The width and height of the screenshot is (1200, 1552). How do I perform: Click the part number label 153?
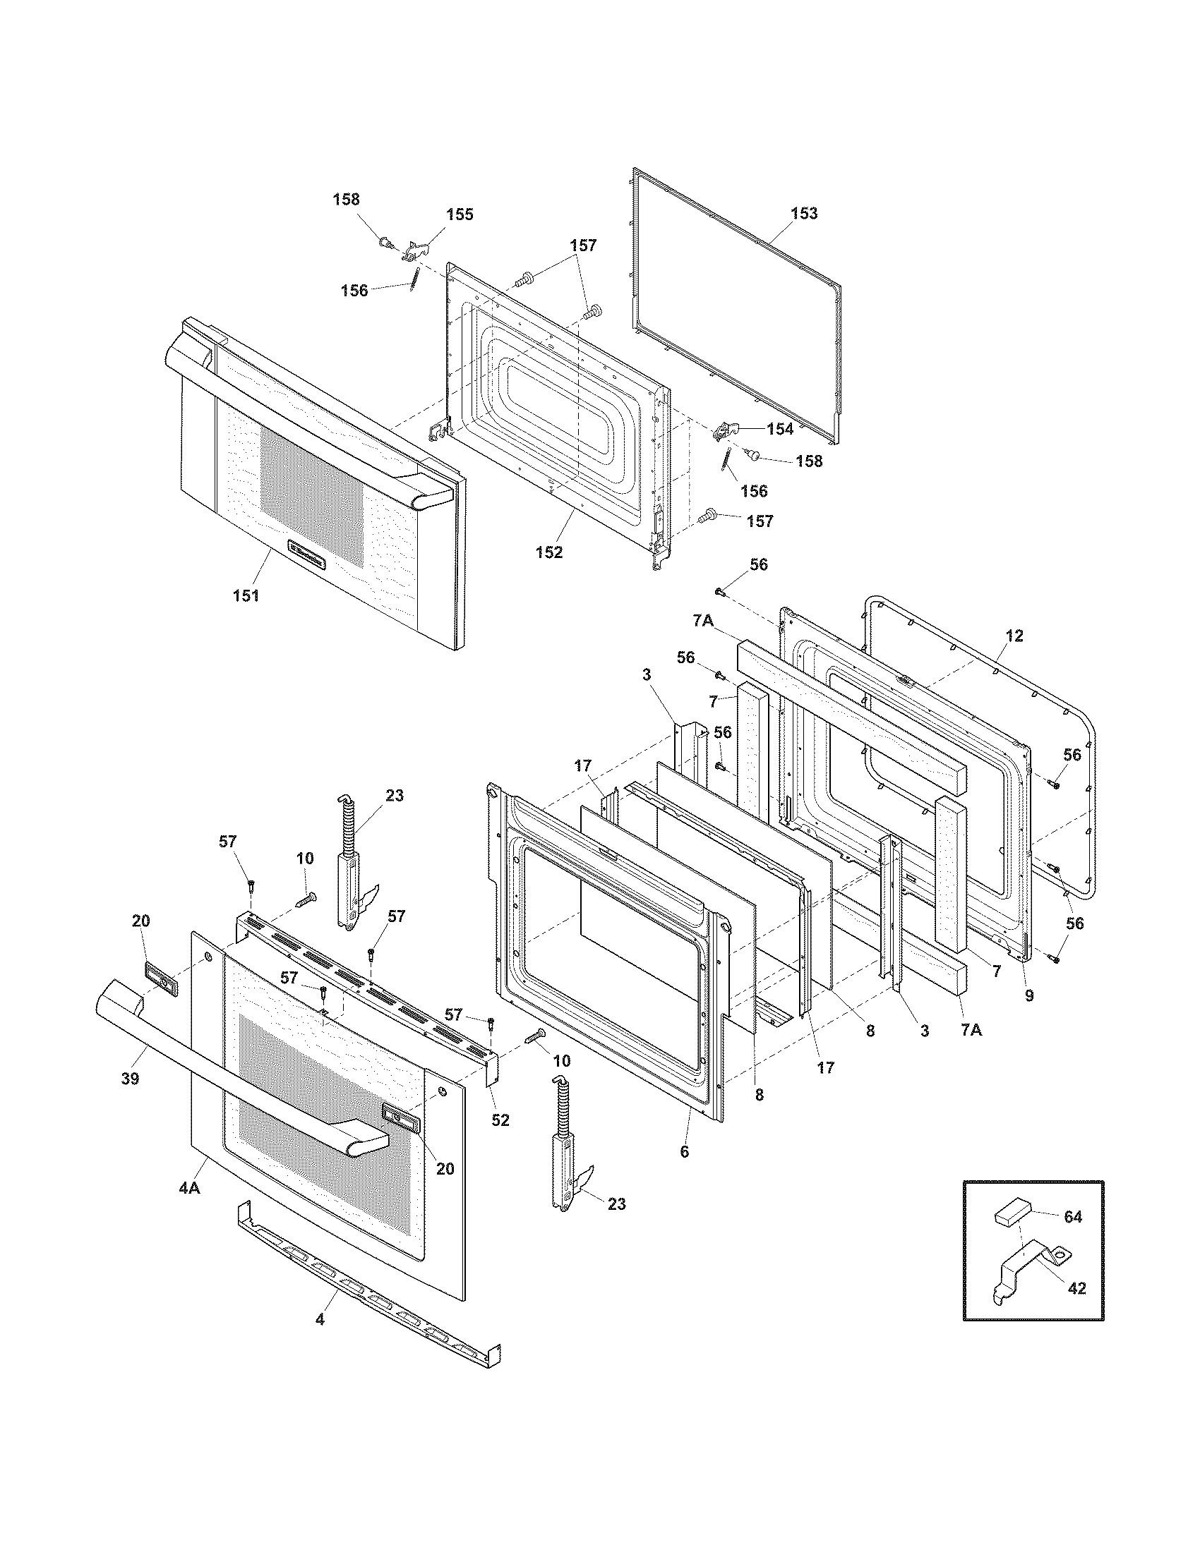click(x=804, y=214)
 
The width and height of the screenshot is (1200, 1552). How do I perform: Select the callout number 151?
click(x=246, y=595)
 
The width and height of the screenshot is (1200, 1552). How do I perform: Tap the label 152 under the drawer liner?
click(x=548, y=552)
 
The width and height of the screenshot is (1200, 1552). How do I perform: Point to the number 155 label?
click(x=460, y=214)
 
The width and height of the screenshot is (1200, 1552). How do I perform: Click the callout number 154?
click(x=779, y=429)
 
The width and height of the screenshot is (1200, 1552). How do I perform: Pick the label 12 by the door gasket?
click(x=1014, y=636)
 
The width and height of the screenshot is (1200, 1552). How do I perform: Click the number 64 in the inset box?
click(x=1072, y=1218)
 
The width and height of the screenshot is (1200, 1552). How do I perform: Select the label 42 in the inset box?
click(x=1077, y=1287)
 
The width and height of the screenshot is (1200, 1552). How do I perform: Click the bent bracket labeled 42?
click(x=1024, y=1272)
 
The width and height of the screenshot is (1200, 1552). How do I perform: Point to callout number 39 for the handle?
click(x=129, y=1079)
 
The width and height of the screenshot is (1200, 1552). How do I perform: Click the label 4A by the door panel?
click(x=188, y=1187)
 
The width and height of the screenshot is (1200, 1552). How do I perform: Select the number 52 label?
click(x=500, y=1120)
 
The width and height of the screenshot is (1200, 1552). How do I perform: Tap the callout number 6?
click(x=684, y=1152)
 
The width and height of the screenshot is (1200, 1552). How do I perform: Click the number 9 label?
click(x=1029, y=996)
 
